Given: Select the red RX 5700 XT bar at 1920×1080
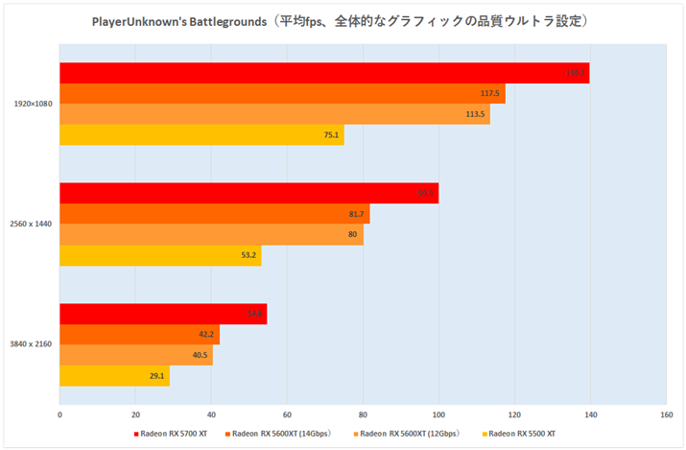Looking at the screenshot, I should click(x=324, y=73).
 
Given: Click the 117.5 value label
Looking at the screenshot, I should click(x=489, y=94).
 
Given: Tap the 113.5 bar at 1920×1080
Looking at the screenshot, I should click(x=274, y=114).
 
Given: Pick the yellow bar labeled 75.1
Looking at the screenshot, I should click(x=201, y=135).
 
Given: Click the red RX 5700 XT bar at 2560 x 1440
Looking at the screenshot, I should click(x=248, y=193).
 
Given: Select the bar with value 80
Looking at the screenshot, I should click(x=211, y=235).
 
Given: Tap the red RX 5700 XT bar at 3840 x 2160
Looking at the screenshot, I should click(x=163, y=314).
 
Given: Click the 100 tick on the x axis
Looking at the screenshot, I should click(x=438, y=414).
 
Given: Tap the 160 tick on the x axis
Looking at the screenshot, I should click(x=665, y=414).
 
